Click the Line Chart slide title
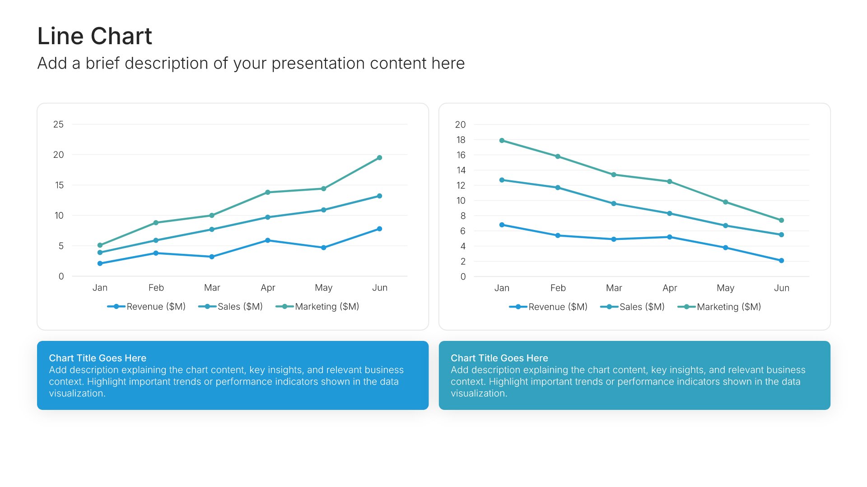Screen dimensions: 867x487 pos(94,36)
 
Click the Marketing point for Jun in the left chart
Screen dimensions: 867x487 pos(379,158)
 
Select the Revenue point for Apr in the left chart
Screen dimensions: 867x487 pos(268,240)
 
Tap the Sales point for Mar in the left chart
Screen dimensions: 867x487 pos(212,230)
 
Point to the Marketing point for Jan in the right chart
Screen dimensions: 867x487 pos(502,141)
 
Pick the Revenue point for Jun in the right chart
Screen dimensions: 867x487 pos(781,261)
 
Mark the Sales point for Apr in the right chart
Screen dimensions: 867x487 pos(670,213)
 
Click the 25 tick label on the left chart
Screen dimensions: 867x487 pos(58,124)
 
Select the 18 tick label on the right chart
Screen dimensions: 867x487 pos(461,140)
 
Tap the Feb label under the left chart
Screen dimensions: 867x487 pos(156,288)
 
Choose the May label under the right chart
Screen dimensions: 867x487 pos(726,288)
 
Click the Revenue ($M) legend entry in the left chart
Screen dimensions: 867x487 pos(146,307)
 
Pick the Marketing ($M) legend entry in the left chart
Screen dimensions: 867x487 pos(317,307)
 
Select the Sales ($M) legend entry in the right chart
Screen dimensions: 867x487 pos(632,307)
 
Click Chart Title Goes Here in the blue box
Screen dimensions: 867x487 pos(98,358)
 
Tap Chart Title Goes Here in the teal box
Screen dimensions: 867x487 pos(499,358)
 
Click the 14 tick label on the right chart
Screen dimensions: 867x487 pos(461,170)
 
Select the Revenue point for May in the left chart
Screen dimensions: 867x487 pos(324,248)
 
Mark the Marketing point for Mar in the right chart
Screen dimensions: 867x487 pos(614,175)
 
